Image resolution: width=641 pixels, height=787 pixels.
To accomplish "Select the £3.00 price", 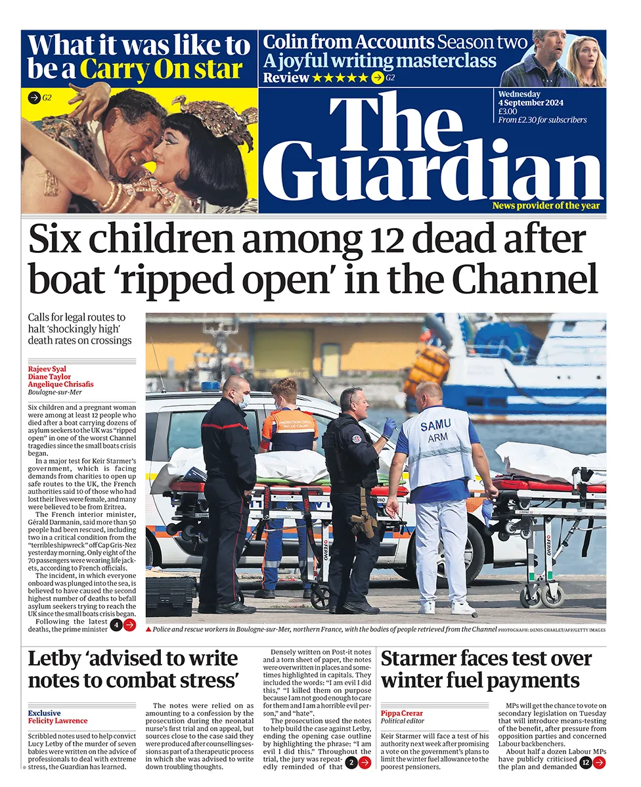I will click(508, 111).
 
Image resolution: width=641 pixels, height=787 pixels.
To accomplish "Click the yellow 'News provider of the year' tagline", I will click(546, 206).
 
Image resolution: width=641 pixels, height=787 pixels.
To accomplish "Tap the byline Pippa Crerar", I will click(402, 713).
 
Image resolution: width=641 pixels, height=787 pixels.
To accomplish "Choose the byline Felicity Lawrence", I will click(57, 721).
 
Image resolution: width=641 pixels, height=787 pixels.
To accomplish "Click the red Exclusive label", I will click(44, 713).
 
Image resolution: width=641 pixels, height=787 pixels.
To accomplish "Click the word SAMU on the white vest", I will click(436, 426).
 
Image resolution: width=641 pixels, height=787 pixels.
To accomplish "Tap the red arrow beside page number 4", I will click(130, 625).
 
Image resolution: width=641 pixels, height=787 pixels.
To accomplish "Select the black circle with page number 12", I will click(585, 762).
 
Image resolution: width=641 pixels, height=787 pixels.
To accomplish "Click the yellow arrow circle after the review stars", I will click(377, 78).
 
